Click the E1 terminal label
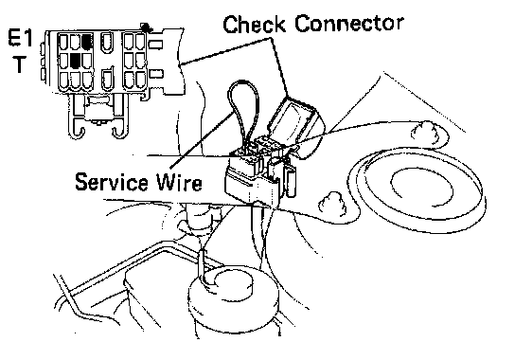[x=21, y=39]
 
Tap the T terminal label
[x=20, y=64]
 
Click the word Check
[x=254, y=24]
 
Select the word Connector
[x=349, y=24]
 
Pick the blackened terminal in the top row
[x=87, y=42]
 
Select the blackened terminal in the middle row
[x=75, y=61]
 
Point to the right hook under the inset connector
[x=119, y=131]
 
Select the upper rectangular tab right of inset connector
[x=155, y=44]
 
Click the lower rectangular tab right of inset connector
[x=155, y=74]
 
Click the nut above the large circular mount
[x=425, y=132]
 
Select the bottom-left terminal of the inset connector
[x=63, y=81]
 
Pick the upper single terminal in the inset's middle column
[x=106, y=42]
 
